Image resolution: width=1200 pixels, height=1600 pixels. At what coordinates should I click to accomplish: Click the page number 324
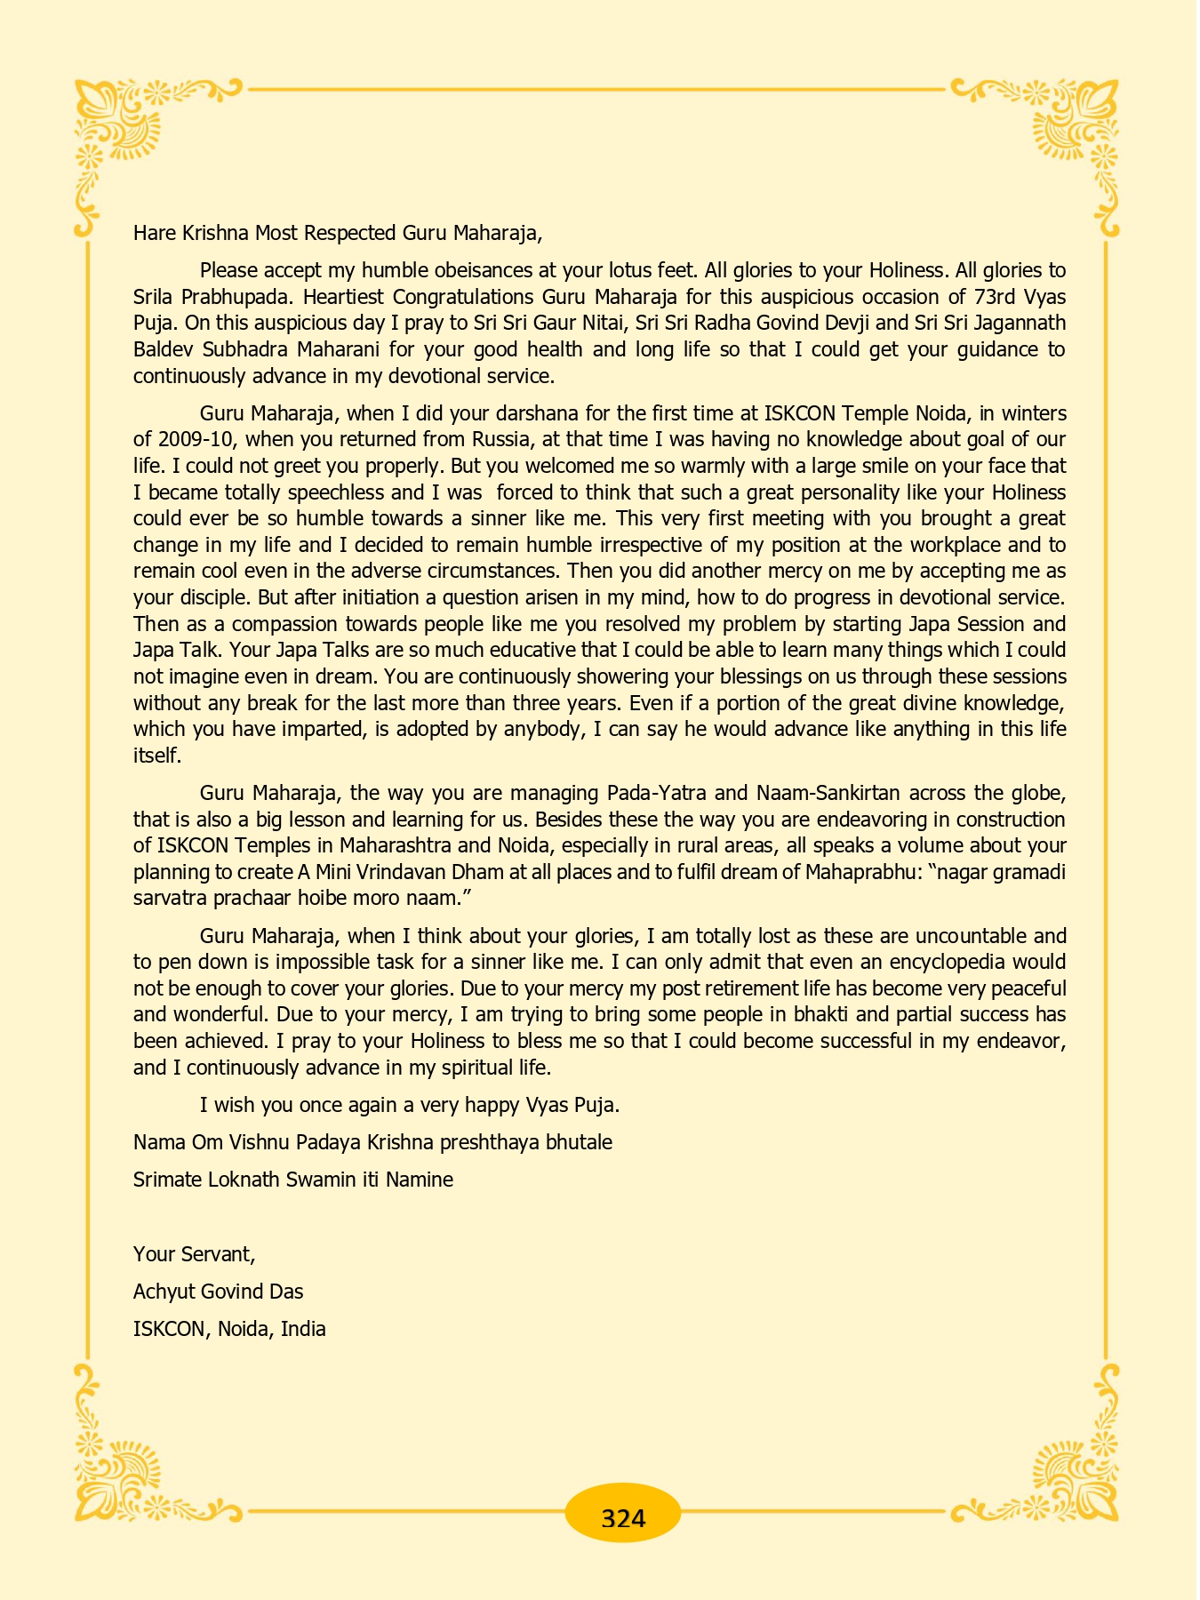tap(622, 1518)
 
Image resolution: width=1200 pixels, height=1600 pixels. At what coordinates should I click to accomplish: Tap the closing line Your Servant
tap(195, 1254)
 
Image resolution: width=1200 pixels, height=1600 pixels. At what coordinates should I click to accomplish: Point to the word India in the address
tap(303, 1329)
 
